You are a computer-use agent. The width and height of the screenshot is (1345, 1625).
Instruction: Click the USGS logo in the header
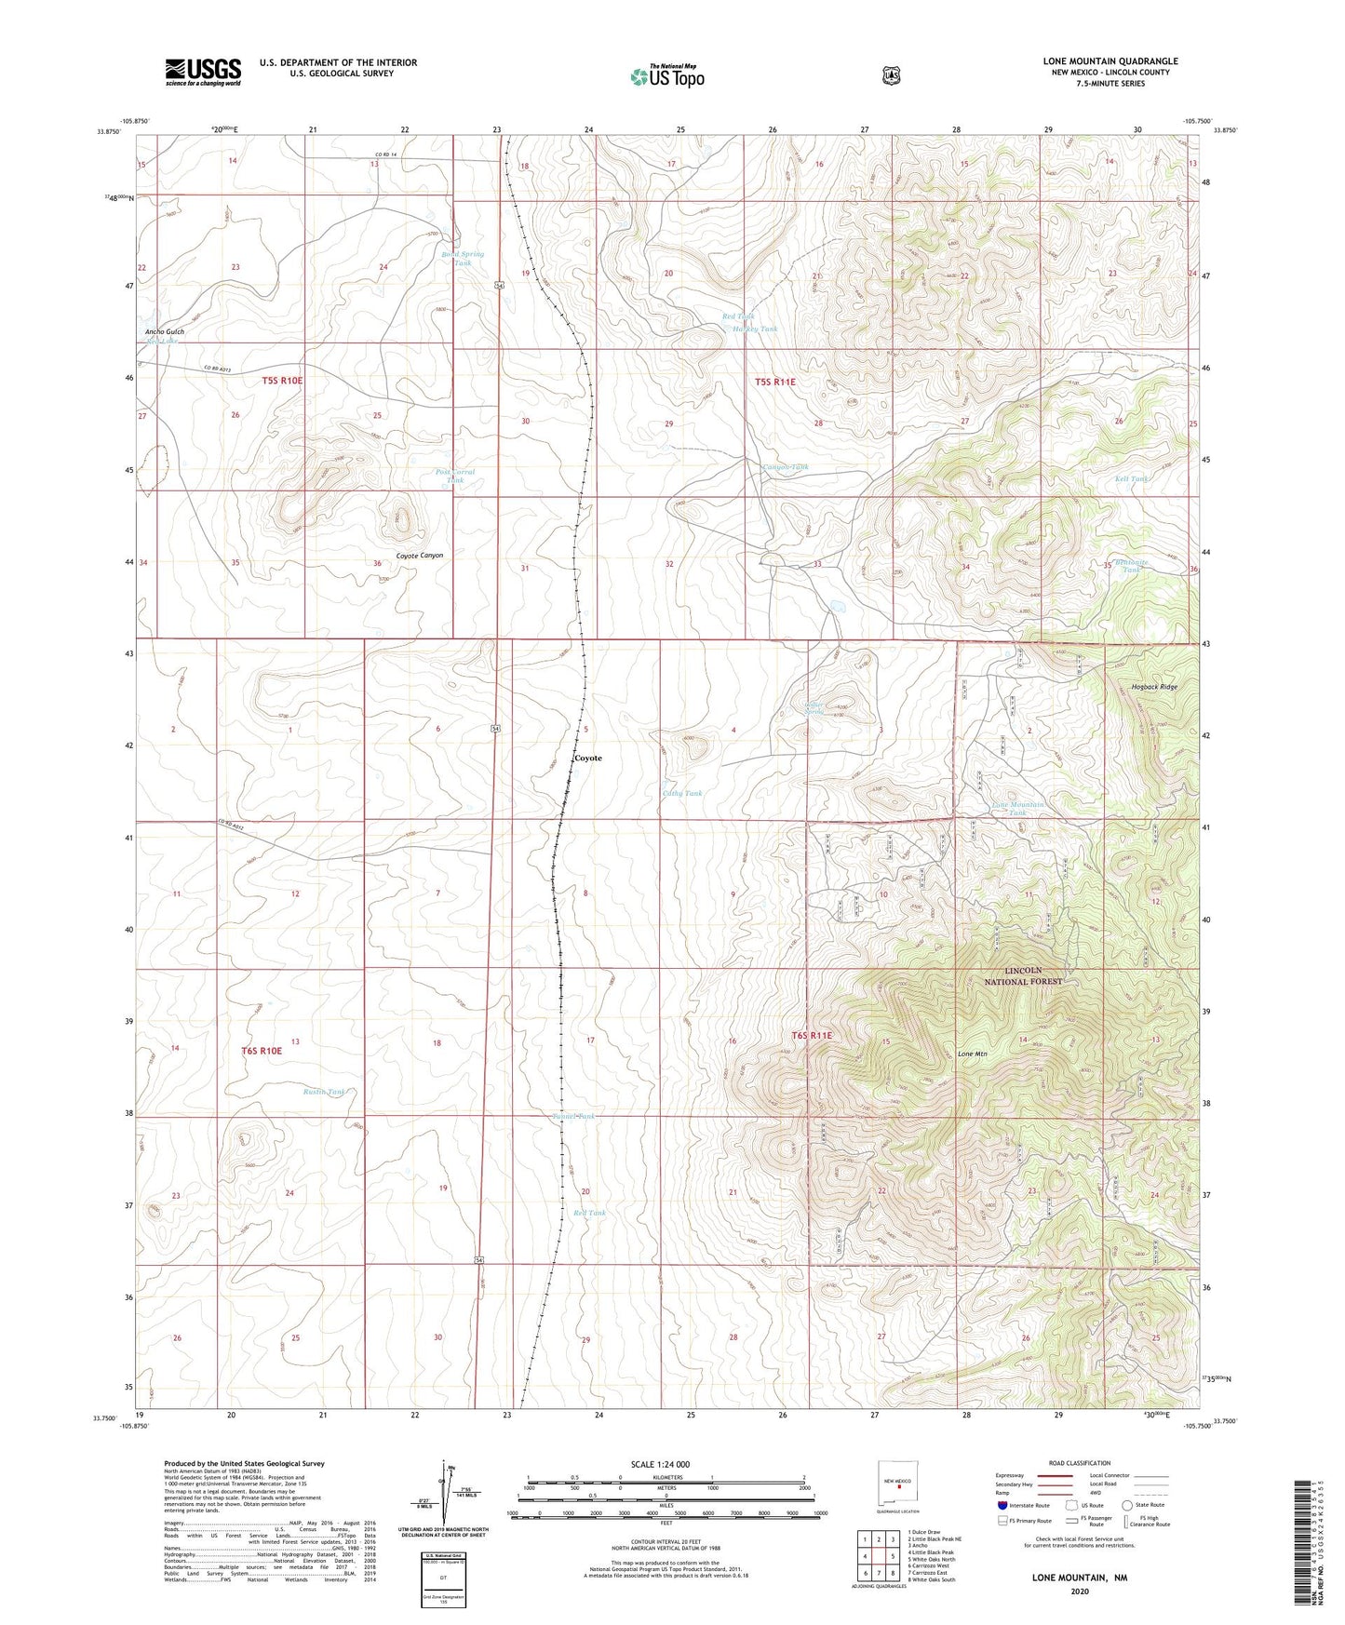(x=203, y=72)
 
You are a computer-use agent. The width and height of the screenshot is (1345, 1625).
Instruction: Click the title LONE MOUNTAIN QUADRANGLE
(x=1110, y=61)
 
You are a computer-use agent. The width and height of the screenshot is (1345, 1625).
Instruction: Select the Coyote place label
(x=587, y=758)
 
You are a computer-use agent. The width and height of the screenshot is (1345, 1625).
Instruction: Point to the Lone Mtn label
(x=972, y=1054)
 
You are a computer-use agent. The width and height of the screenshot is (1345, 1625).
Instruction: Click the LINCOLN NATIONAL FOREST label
(x=1023, y=975)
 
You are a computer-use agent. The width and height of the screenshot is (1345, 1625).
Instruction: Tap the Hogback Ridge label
(x=1154, y=687)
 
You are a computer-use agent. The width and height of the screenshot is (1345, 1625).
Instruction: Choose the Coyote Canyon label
(x=420, y=556)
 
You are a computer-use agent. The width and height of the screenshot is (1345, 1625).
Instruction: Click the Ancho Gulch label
(x=165, y=331)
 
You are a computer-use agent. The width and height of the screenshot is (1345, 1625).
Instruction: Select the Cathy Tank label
(x=681, y=793)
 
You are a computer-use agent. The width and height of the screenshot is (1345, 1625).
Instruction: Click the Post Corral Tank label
(x=455, y=476)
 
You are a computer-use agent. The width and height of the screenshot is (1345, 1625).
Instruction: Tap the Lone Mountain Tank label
(x=1017, y=808)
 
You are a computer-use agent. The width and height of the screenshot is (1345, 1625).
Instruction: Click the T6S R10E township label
(x=262, y=1050)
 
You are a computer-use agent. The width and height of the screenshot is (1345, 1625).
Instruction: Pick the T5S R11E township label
(x=774, y=382)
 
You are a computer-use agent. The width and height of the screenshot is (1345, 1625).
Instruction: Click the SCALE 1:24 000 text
(x=659, y=1464)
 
